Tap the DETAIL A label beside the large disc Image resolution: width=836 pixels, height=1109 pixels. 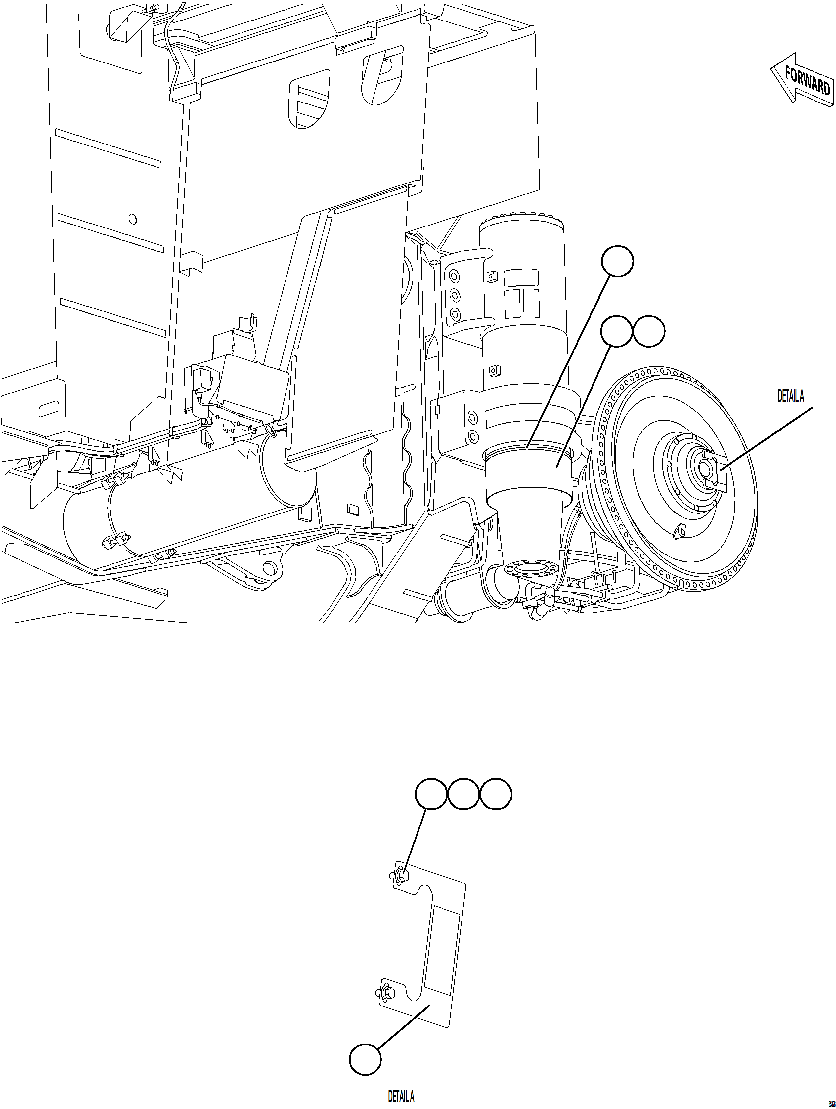point(790,396)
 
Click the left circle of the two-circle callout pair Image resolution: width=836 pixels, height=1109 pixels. point(616,331)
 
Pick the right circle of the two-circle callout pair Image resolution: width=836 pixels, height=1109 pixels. point(649,331)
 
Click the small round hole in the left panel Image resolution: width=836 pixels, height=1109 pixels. point(132,219)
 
